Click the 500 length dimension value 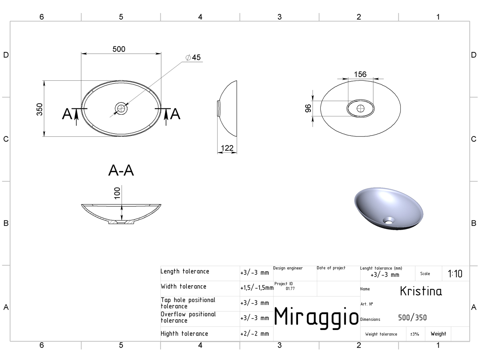tap(119, 49)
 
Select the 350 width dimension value tap(40, 109)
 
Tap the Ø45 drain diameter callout tap(193, 57)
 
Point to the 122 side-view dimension tap(227, 148)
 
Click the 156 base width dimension tap(360, 74)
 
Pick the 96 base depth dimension tap(308, 108)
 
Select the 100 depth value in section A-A tap(117, 193)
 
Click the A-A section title tap(121, 170)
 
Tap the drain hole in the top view tap(121, 108)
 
